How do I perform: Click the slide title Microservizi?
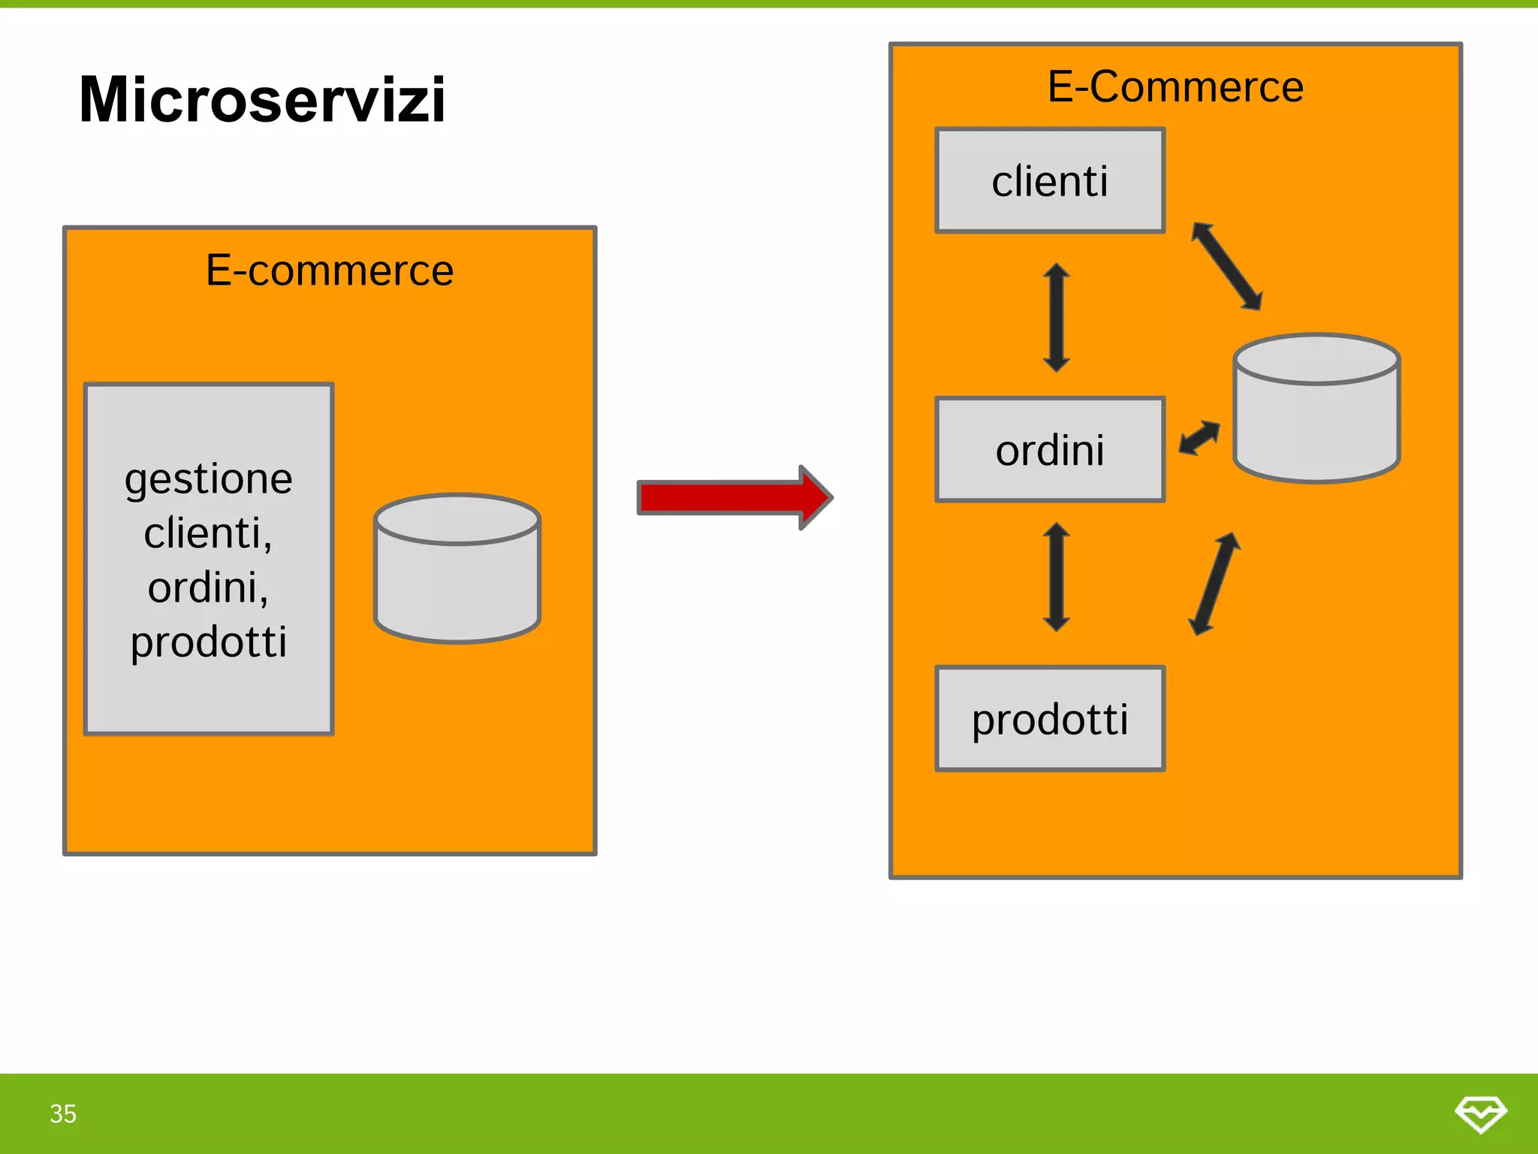[262, 100]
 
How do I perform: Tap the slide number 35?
[63, 1113]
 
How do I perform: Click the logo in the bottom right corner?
[1480, 1113]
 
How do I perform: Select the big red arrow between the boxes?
[734, 497]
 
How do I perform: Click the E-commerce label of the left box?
[330, 270]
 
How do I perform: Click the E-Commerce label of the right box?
[1175, 86]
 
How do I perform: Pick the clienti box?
[1050, 181]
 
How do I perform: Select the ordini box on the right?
[1050, 450]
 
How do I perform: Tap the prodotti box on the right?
[1050, 719]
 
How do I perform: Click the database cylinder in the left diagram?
[457, 569]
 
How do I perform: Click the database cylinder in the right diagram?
[1316, 409]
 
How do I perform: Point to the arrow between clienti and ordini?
[1056, 317]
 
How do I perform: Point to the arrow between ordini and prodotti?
[1056, 577]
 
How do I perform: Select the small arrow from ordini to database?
[1199, 437]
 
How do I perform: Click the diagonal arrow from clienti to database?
[1227, 266]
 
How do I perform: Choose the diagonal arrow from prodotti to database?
[1214, 584]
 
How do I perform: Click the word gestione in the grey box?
[209, 480]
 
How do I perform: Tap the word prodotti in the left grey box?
[209, 642]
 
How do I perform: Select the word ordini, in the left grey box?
[208, 588]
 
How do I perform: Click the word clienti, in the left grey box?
[208, 533]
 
